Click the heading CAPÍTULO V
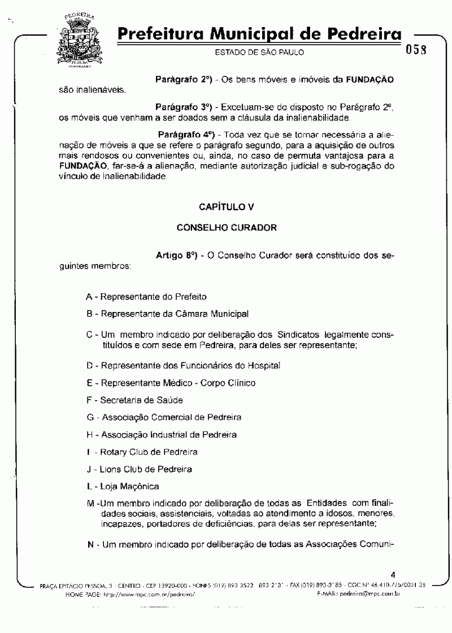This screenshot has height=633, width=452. [226, 207]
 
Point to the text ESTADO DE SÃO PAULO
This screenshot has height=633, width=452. [259, 53]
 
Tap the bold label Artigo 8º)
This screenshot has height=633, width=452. [177, 255]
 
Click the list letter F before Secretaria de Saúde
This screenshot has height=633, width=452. [89, 400]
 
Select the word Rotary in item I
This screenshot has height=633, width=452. [113, 452]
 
